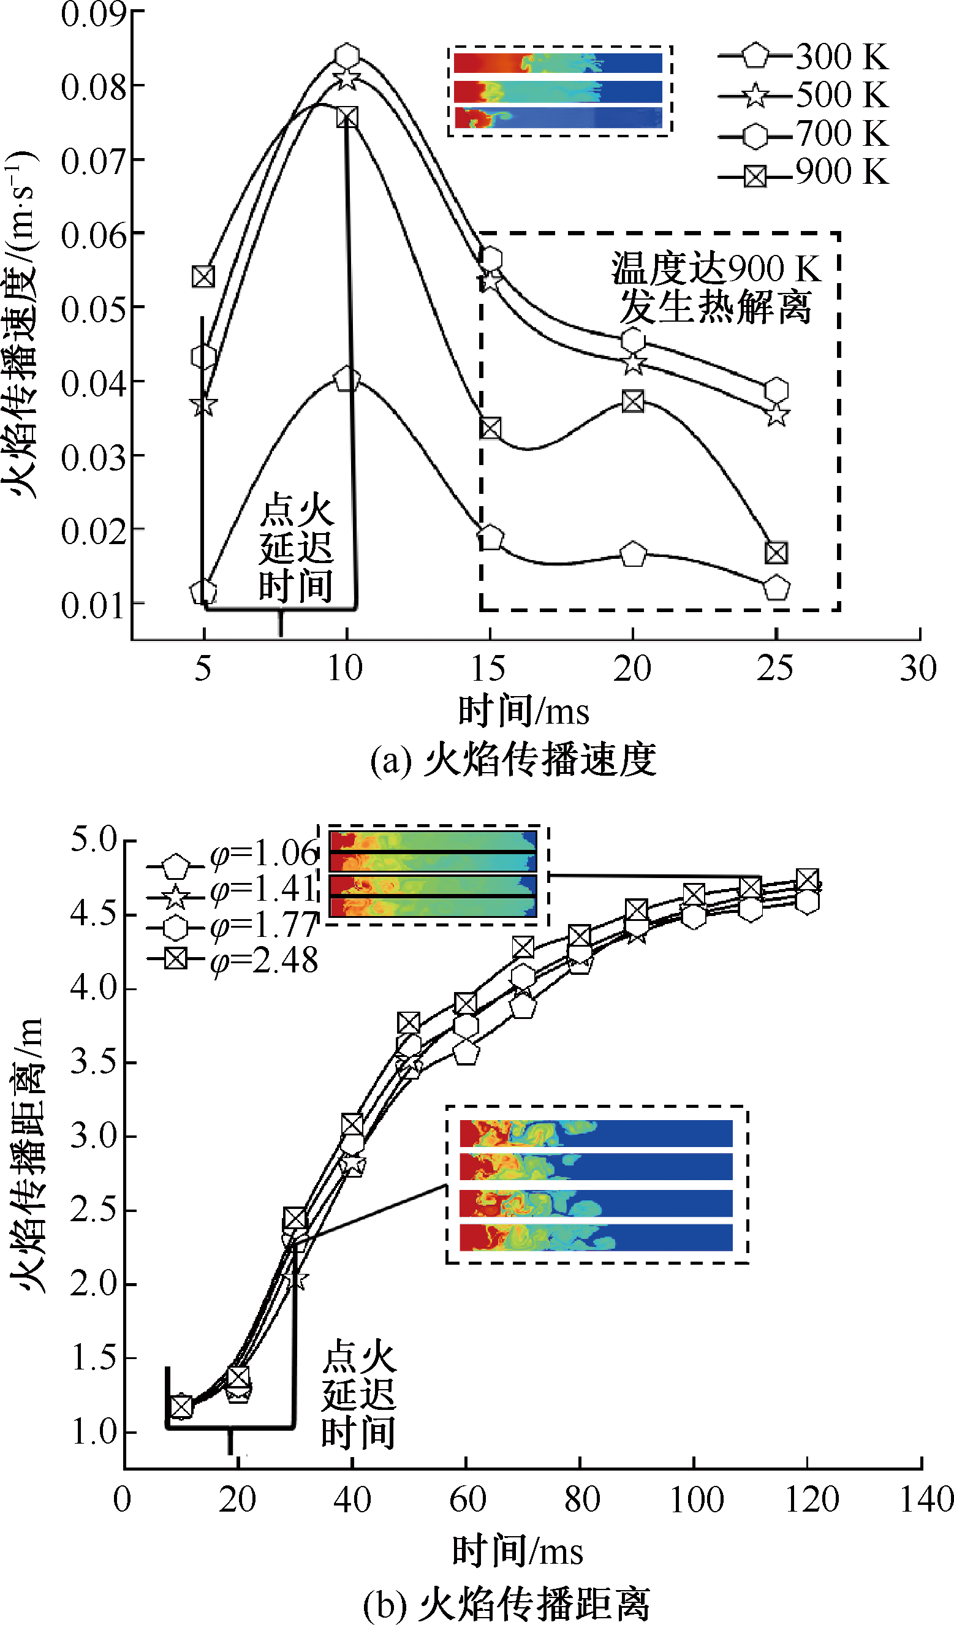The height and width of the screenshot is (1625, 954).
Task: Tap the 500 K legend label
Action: coord(842,96)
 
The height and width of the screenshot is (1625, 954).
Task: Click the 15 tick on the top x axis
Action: coord(488,668)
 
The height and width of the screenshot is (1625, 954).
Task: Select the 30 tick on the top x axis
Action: coord(918,668)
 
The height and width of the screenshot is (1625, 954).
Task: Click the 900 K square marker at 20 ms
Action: coord(633,402)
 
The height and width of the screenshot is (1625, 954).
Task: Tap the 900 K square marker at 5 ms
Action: coord(203,276)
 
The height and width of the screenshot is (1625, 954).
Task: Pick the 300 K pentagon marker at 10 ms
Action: coord(347,379)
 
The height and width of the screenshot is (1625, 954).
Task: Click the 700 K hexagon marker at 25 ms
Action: coord(776,390)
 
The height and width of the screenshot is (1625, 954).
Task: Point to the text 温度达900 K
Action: coord(716,268)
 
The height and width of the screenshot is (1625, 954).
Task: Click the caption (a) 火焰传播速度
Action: coord(513,759)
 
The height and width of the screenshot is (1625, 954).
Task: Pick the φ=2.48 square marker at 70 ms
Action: coord(523,947)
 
